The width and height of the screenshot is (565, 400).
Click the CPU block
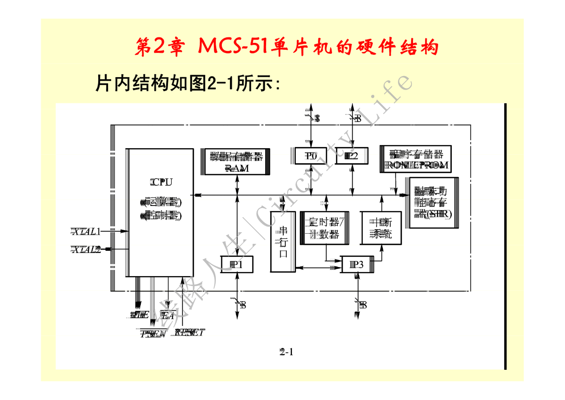tap(160, 212)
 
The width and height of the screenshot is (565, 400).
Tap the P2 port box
tap(352, 156)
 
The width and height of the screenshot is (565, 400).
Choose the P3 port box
tap(357, 264)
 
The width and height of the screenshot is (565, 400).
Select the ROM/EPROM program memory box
tap(416, 160)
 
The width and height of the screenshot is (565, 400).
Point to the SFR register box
tap(433, 203)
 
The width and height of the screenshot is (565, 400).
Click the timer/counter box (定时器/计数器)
tap(325, 228)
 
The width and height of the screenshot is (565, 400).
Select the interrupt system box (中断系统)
tap(381, 228)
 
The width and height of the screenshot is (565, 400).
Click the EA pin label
tap(167, 315)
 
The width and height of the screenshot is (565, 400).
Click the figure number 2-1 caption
tap(286, 352)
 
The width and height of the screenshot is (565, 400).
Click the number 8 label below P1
tap(243, 304)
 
